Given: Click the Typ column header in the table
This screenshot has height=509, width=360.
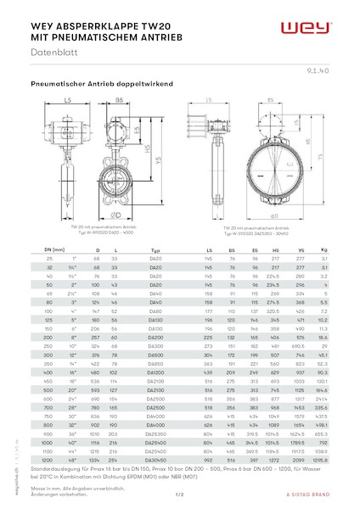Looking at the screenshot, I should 155,251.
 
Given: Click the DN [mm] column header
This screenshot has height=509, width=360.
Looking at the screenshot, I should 53,251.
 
